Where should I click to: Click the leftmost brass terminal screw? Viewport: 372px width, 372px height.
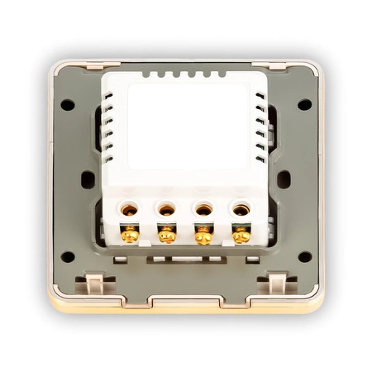pyautogui.click(x=130, y=235)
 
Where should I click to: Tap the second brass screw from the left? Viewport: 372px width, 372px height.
pyautogui.click(x=167, y=235)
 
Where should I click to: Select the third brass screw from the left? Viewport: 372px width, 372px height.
pyautogui.click(x=203, y=235)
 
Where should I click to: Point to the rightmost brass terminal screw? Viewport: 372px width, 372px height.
pyautogui.click(x=241, y=235)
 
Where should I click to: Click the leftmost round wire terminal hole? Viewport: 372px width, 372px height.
pyautogui.click(x=130, y=210)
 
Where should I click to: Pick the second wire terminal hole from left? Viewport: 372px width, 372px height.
pyautogui.click(x=167, y=210)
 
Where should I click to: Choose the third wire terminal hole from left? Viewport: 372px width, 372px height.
pyautogui.click(x=203, y=210)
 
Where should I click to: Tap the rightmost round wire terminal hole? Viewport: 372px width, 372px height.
pyautogui.click(x=241, y=210)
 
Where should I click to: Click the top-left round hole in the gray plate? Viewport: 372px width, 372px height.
pyautogui.click(x=68, y=105)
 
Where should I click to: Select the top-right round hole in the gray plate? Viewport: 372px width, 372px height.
pyautogui.click(x=304, y=105)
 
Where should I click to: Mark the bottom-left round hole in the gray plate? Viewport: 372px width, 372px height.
pyautogui.click(x=68, y=256)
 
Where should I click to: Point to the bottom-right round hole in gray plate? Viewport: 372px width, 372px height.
pyautogui.click(x=304, y=256)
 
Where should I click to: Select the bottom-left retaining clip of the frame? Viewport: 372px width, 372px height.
pyautogui.click(x=94, y=285)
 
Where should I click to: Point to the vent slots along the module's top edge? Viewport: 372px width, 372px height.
pyautogui.click(x=186, y=74)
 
